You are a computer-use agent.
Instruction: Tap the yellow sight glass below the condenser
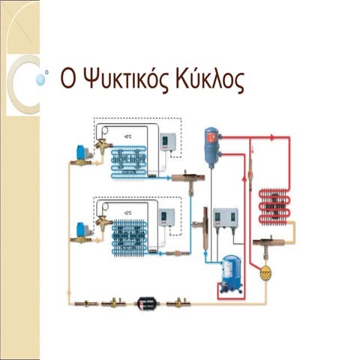(x=264, y=273)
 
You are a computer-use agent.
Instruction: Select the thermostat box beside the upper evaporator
(x=168, y=142)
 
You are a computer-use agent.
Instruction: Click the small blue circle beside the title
(x=46, y=73)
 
